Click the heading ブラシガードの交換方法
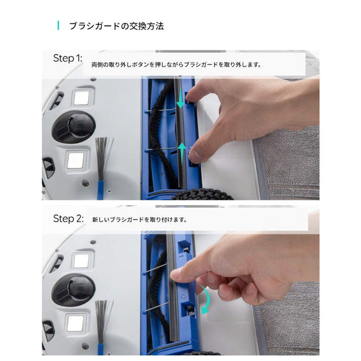tap(115, 26)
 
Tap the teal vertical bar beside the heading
tap(58, 26)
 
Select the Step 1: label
tap(67, 58)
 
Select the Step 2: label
tap(68, 218)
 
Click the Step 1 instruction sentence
tap(176, 65)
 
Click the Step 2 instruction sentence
tap(139, 220)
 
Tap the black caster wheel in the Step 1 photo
tap(73, 127)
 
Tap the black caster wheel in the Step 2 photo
tap(73, 290)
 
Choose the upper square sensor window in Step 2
tap(81, 261)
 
